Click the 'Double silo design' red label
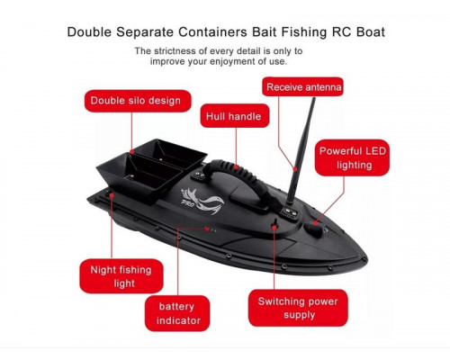coord(138,101)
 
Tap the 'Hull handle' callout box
coord(235,116)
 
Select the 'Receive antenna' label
coord(303,87)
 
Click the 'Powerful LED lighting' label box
coord(352,157)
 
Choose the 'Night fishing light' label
coord(121,276)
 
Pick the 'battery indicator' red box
coord(177,313)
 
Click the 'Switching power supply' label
coord(298,308)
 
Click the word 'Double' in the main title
coord(89,31)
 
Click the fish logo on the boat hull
coord(202,201)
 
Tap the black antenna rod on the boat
coord(301,151)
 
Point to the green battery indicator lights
coord(212,230)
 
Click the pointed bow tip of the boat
coord(367,258)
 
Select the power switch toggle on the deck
coord(274,224)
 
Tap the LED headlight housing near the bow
coord(314,229)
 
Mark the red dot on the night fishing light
coord(112,195)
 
